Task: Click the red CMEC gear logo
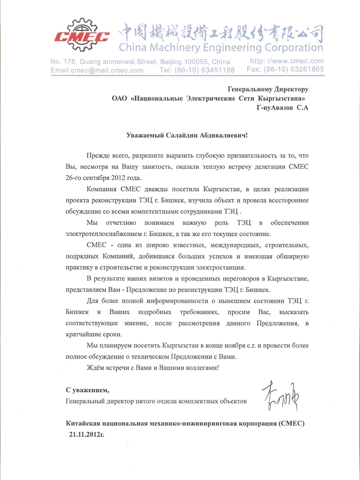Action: click(x=82, y=35)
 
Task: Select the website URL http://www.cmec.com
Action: click(x=287, y=61)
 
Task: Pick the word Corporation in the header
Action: click(x=289, y=48)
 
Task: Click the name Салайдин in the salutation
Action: click(x=175, y=136)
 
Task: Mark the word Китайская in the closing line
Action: click(x=86, y=423)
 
